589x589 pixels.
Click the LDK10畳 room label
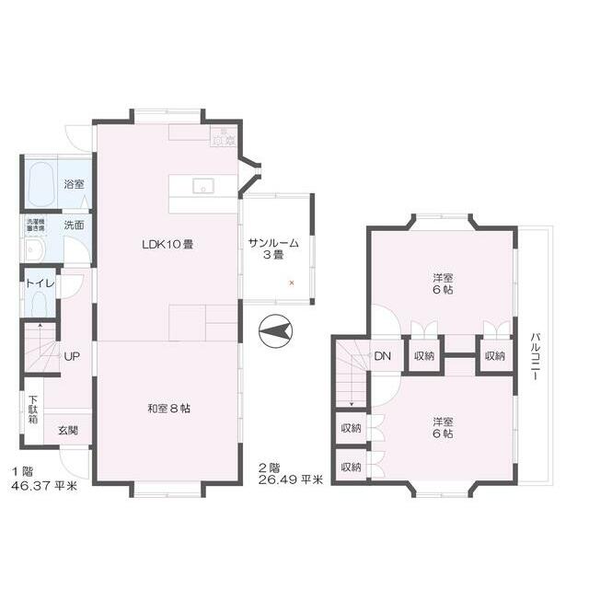pos(167,245)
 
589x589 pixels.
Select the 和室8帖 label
pos(168,409)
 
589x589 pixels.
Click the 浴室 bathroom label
pos(74,184)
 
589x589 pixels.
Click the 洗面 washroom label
pos(74,225)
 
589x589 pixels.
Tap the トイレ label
pos(40,283)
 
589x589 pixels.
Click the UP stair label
pos(71,356)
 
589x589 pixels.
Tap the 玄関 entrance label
pos(68,430)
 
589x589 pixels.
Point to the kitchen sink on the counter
pos(203,186)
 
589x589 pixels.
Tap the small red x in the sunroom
pos(292,282)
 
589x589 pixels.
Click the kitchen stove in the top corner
pos(223,136)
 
